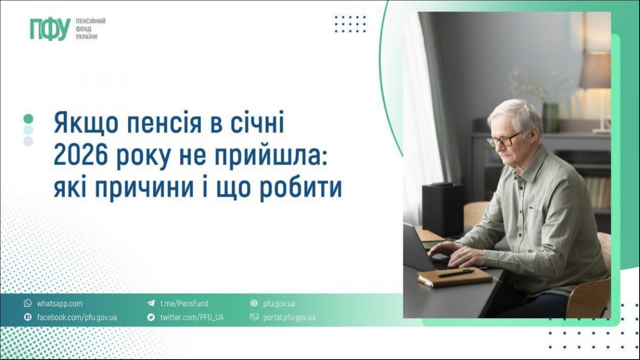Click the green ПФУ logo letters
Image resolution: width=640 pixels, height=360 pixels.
click(x=50, y=29)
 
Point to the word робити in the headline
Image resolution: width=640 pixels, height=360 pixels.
click(x=301, y=187)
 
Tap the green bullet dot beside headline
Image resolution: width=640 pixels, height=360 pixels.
click(x=28, y=119)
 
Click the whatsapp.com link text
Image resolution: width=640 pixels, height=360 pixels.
click(x=60, y=303)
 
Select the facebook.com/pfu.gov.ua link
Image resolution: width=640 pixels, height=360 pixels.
click(x=77, y=317)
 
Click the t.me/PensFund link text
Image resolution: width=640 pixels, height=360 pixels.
click(x=184, y=303)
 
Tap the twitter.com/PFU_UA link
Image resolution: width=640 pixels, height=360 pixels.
click(x=192, y=317)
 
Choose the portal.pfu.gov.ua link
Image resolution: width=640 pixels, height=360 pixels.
click(x=289, y=317)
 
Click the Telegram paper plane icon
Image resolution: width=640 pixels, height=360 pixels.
click(x=151, y=303)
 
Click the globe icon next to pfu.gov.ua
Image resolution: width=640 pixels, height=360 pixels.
click(x=254, y=303)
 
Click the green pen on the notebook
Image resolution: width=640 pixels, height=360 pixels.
click(x=456, y=273)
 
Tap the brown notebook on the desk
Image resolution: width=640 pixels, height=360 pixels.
click(x=454, y=278)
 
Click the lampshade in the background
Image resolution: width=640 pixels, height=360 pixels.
click(x=597, y=71)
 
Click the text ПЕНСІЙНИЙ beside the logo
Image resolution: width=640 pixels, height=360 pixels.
click(x=91, y=21)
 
